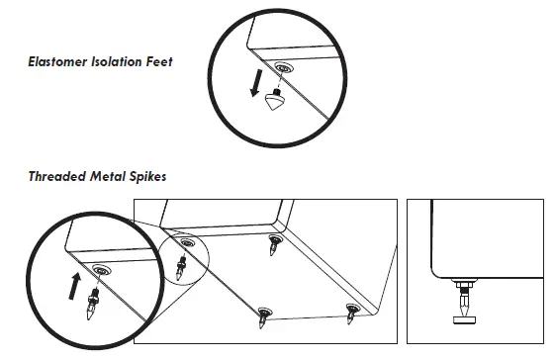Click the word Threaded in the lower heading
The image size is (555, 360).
(56, 177)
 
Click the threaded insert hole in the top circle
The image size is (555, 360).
(286, 69)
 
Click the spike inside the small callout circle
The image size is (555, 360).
(181, 265)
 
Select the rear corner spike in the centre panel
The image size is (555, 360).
(273, 247)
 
